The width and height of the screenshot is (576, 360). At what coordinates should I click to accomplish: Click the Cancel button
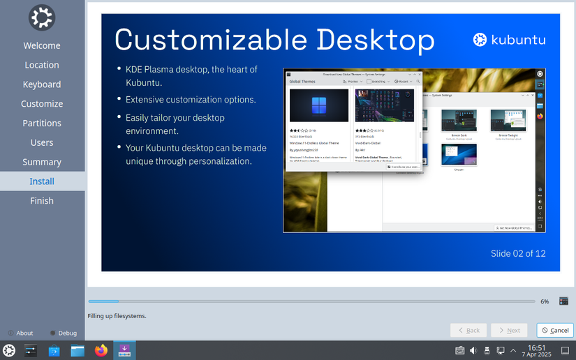click(555, 330)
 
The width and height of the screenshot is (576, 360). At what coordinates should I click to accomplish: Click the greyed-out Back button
click(468, 330)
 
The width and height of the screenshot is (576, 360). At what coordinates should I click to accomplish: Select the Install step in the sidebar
click(42, 181)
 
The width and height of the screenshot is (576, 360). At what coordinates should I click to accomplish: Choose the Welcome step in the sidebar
click(42, 45)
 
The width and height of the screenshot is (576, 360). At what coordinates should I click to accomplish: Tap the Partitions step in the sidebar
click(42, 123)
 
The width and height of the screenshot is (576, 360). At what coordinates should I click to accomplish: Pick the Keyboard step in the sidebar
click(42, 84)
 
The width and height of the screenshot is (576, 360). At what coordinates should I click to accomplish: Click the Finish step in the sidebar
click(42, 201)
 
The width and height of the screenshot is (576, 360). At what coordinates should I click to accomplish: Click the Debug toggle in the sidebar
click(64, 333)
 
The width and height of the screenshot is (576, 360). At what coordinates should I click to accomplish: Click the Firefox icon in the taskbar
click(101, 350)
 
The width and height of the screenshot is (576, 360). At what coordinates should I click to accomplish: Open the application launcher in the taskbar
click(9, 350)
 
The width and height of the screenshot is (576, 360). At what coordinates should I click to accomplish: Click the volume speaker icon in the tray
click(473, 350)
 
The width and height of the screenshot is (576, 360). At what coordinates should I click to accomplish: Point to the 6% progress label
click(545, 301)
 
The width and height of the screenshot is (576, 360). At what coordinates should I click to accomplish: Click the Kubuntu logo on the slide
click(509, 40)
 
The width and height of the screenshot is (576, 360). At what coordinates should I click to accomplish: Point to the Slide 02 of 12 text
click(518, 253)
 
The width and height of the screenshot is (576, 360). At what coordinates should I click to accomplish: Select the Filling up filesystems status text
click(117, 316)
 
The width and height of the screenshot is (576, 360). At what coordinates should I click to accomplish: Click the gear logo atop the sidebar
click(42, 17)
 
